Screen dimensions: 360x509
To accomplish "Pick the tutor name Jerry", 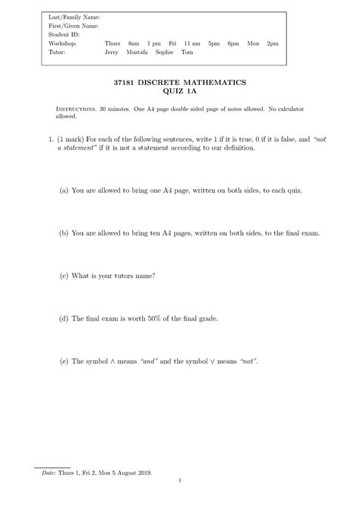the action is (x=112, y=52).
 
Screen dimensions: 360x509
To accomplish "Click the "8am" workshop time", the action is (x=134, y=43).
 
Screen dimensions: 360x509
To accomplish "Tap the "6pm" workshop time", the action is (x=233, y=43).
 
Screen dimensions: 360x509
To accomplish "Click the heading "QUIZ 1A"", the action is (x=180, y=91).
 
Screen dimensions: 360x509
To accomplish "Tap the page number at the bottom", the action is (x=180, y=480).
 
